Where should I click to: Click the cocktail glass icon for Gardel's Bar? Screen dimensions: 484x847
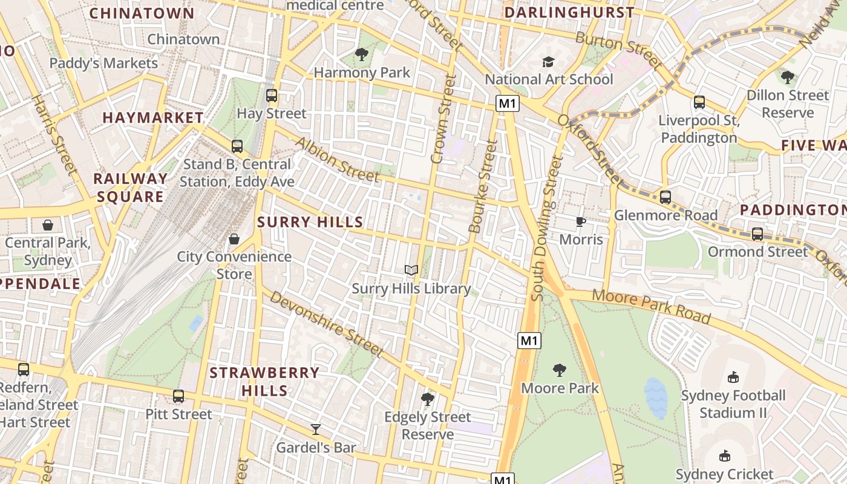[315, 430]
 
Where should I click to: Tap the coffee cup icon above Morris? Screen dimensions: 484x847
[581, 221]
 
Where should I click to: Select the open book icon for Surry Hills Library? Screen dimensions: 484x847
[411, 270]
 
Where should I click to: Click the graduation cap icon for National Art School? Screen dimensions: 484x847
[549, 62]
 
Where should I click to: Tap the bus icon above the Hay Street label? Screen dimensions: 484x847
[272, 96]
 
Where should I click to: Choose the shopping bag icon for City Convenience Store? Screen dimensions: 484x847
[234, 239]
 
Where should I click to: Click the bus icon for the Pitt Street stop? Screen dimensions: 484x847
[178, 396]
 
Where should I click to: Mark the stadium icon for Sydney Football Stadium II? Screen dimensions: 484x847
[733, 378]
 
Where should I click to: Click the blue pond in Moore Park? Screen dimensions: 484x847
[656, 397]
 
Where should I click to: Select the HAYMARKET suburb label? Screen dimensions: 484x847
[153, 117]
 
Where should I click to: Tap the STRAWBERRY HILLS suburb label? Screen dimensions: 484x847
[264, 381]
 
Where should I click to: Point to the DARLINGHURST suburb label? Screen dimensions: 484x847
[569, 13]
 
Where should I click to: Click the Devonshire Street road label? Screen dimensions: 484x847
[326, 324]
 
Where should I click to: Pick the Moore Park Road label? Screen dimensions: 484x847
[651, 306]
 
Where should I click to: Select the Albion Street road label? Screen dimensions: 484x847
[337, 159]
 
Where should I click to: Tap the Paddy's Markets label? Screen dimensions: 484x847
[103, 63]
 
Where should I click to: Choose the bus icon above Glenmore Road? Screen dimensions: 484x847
[665, 197]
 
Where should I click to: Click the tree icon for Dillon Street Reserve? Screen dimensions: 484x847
[787, 77]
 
